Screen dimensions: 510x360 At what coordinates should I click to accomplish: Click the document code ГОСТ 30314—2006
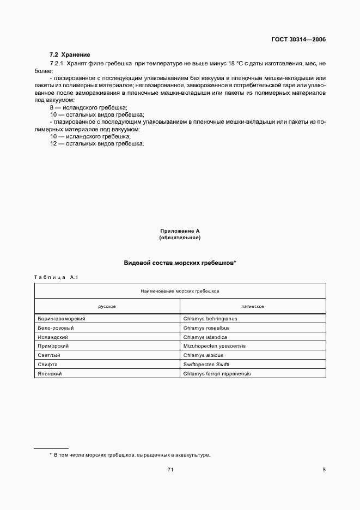(x=298, y=40)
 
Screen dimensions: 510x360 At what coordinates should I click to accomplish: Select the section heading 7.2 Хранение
(x=70, y=55)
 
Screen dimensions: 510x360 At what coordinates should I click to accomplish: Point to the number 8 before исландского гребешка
(x=52, y=108)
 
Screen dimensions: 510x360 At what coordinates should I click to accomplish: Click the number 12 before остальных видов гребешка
(x=53, y=143)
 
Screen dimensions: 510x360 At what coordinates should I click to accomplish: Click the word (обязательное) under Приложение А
(x=180, y=238)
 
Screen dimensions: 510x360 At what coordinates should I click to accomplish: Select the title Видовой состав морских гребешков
(x=180, y=263)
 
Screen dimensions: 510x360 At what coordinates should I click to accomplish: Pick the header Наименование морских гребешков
(x=180, y=292)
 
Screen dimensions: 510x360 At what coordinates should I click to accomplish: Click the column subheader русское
(x=107, y=307)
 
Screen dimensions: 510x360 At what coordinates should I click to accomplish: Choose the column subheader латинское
(x=253, y=307)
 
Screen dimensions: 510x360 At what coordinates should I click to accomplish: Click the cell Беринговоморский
(x=62, y=319)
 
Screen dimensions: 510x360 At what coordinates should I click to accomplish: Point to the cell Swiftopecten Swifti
(x=206, y=365)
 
